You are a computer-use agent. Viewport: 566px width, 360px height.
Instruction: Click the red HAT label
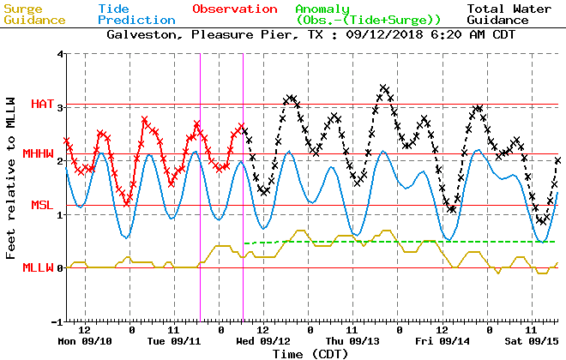click(x=42, y=105)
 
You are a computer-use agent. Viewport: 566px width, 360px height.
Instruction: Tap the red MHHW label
click(x=39, y=154)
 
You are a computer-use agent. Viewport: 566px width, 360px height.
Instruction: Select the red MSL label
click(x=43, y=206)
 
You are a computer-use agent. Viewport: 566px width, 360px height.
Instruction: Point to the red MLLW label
click(x=39, y=268)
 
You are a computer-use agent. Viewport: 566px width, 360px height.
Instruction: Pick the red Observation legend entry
click(x=234, y=9)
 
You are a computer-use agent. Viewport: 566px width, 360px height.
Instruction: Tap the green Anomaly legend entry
click(x=368, y=14)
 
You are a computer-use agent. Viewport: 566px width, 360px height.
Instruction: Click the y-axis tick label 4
click(x=60, y=54)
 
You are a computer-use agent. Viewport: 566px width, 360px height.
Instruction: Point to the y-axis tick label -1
click(x=57, y=321)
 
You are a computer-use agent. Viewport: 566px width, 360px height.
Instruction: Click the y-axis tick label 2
click(x=60, y=161)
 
